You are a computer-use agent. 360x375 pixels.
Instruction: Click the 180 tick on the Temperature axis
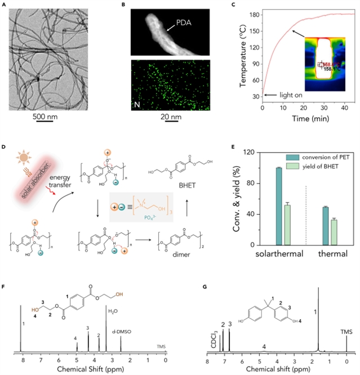(x=250, y=14)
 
